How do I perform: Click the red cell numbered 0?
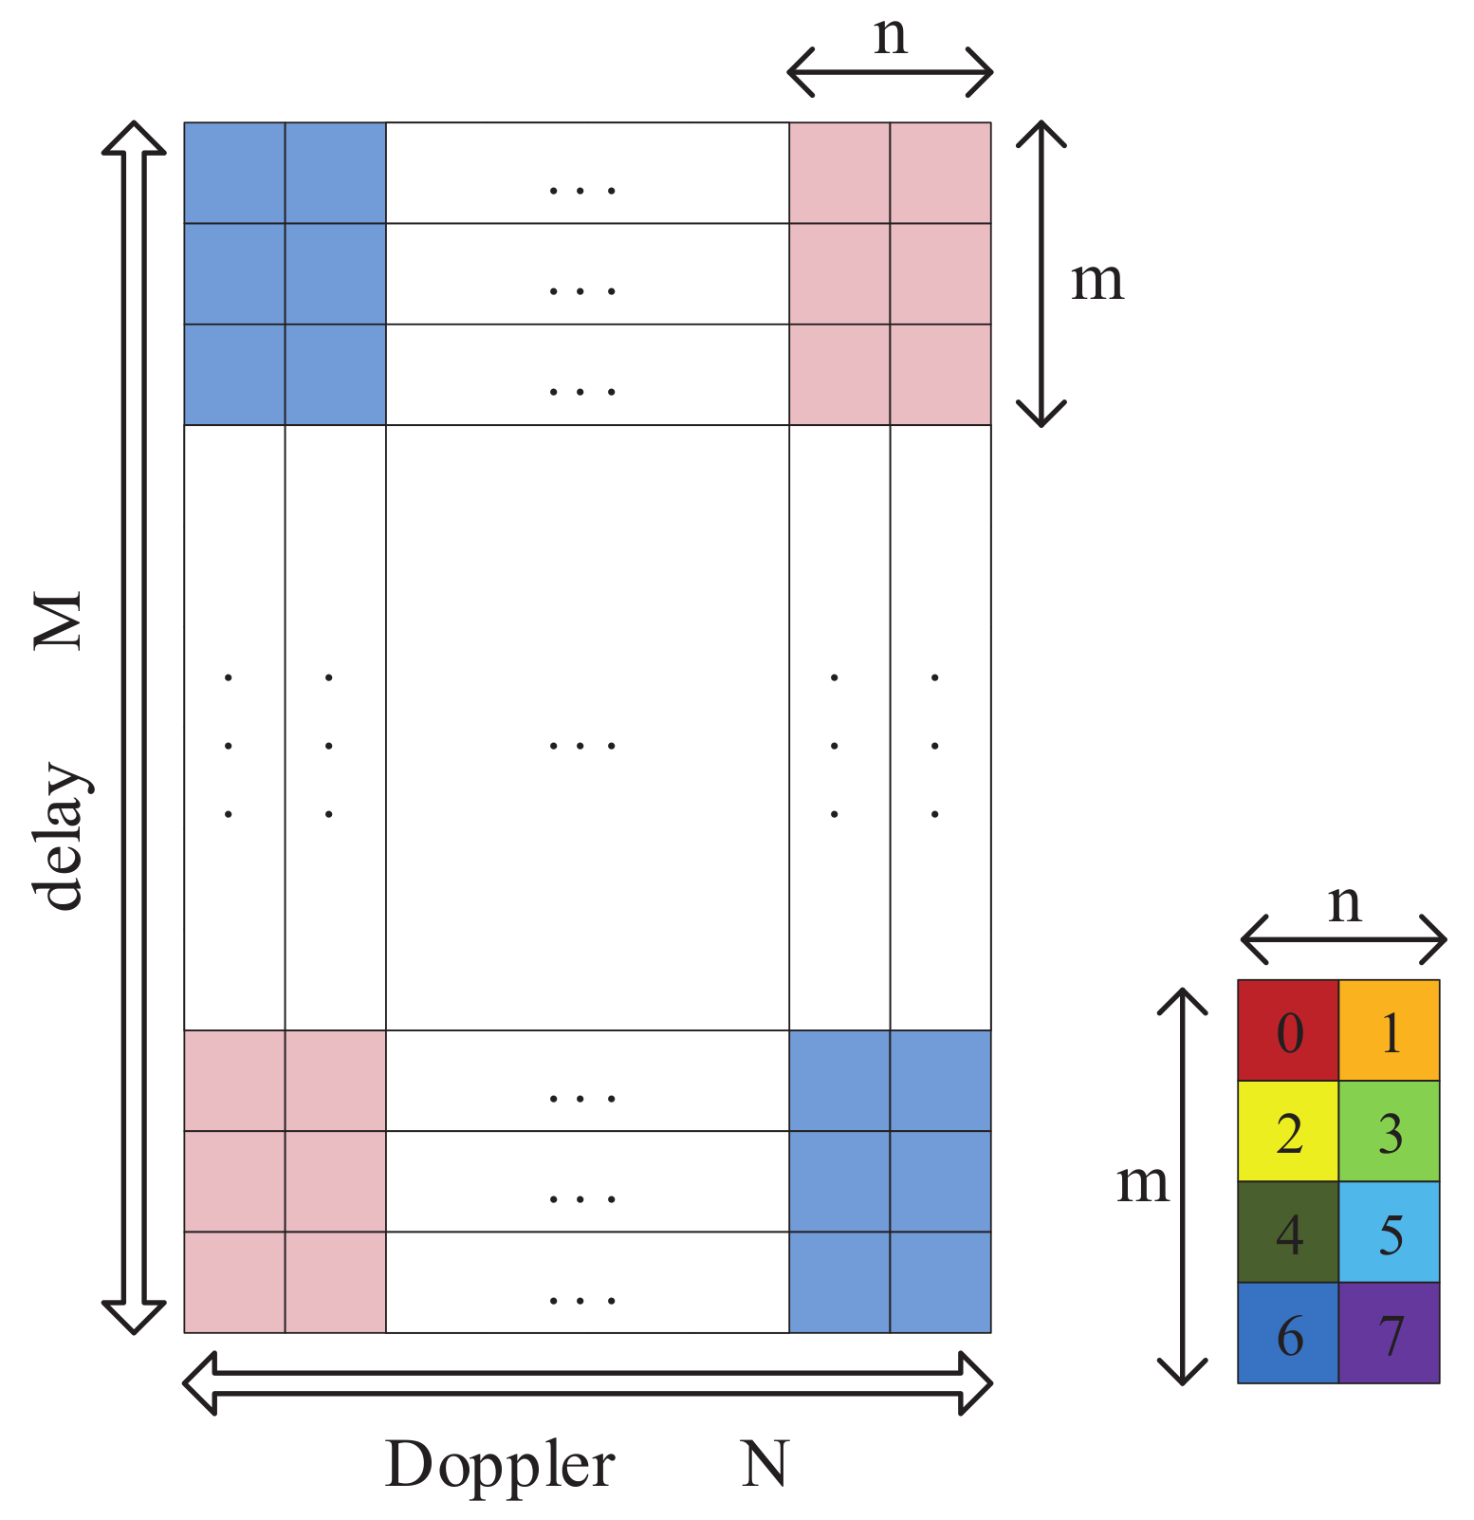point(1287,1030)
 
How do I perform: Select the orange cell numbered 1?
point(1389,1030)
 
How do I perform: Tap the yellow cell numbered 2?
point(1287,1131)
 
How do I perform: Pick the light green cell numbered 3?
point(1389,1131)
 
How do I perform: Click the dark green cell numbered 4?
point(1287,1232)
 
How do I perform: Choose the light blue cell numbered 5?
point(1389,1232)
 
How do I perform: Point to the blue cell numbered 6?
point(1287,1332)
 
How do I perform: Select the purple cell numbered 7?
point(1389,1332)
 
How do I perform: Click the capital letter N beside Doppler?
point(764,1464)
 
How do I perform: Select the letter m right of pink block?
point(1097,281)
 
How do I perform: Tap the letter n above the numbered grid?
point(1344,904)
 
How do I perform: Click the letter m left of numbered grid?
point(1142,1183)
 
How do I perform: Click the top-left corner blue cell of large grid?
point(234,173)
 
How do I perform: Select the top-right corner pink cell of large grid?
point(940,173)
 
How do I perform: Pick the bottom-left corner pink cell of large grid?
point(234,1282)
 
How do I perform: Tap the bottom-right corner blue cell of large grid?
point(940,1282)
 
